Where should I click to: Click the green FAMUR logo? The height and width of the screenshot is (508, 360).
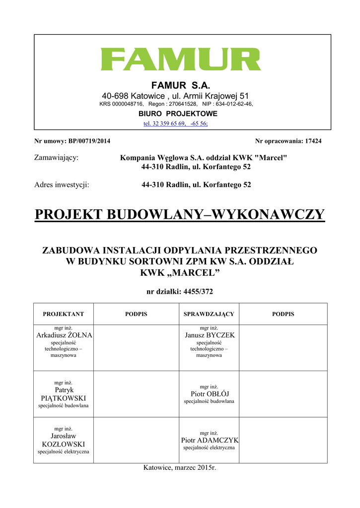coord(181,60)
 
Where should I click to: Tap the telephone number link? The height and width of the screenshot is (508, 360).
coord(175,123)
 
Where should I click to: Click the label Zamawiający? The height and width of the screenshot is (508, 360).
coord(56,158)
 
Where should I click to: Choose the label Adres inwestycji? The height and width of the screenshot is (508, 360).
coord(62,185)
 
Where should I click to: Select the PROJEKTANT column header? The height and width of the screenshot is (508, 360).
coord(63,314)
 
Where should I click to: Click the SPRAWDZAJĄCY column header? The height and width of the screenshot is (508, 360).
coord(209,314)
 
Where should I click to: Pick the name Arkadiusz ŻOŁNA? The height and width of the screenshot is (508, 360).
coord(65,335)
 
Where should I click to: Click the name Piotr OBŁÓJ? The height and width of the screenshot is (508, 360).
coord(209,394)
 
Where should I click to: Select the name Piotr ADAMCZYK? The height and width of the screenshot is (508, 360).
coord(210,440)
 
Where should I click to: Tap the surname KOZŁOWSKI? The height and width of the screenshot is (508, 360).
coord(63,444)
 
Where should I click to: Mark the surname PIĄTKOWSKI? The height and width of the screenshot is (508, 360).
coord(63,398)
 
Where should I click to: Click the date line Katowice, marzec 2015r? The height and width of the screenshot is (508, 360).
coord(180,468)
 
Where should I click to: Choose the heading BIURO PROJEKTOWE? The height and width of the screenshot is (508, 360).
coord(178,114)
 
